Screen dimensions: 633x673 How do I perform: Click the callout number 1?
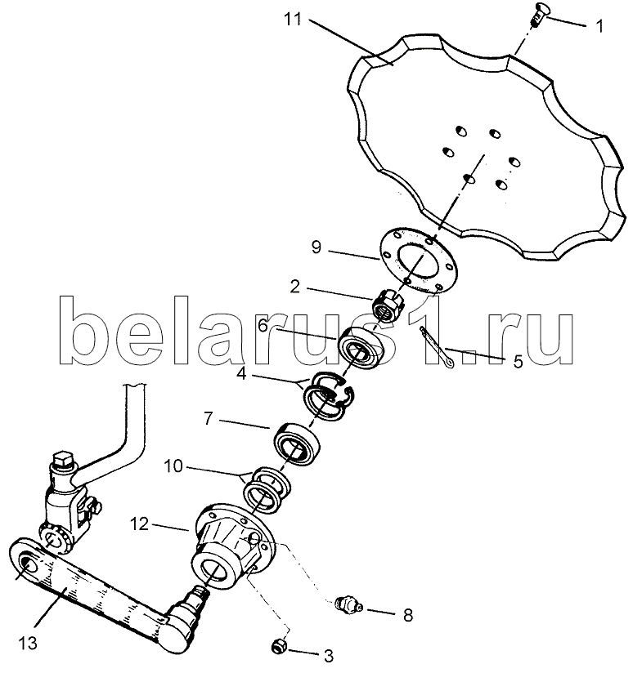(599, 26)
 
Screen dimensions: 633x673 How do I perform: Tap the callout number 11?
(293, 20)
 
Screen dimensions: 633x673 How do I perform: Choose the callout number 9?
(316, 247)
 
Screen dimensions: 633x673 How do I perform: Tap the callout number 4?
(241, 374)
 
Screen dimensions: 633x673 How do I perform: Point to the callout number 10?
(173, 466)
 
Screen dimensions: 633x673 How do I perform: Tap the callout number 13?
(28, 644)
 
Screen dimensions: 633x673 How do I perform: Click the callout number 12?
(139, 524)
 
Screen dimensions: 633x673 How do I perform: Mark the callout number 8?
(408, 615)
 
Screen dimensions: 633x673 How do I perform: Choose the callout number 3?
(328, 656)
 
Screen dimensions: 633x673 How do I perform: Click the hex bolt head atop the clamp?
(64, 460)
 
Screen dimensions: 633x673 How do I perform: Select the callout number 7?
(209, 418)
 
